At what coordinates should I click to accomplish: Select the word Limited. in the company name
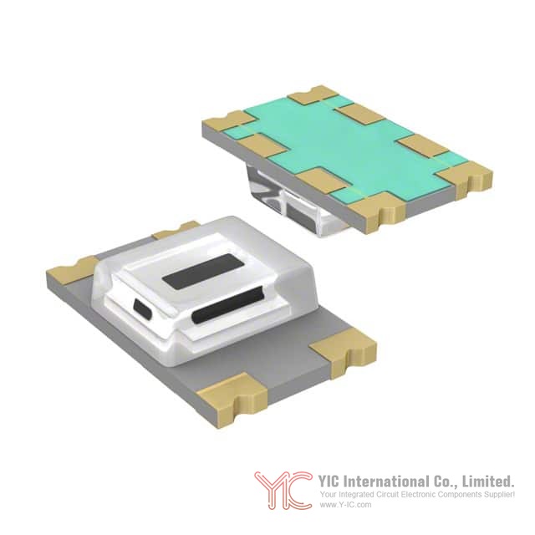point(488,481)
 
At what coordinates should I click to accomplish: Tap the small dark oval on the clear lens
point(144,308)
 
